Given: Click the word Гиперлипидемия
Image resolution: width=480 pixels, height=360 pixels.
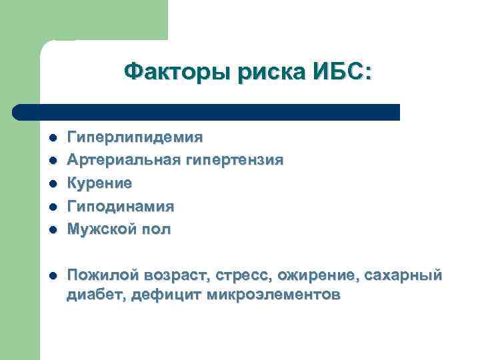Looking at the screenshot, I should pos(135,137).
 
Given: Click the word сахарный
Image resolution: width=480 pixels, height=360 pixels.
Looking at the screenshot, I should pos(407,275).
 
